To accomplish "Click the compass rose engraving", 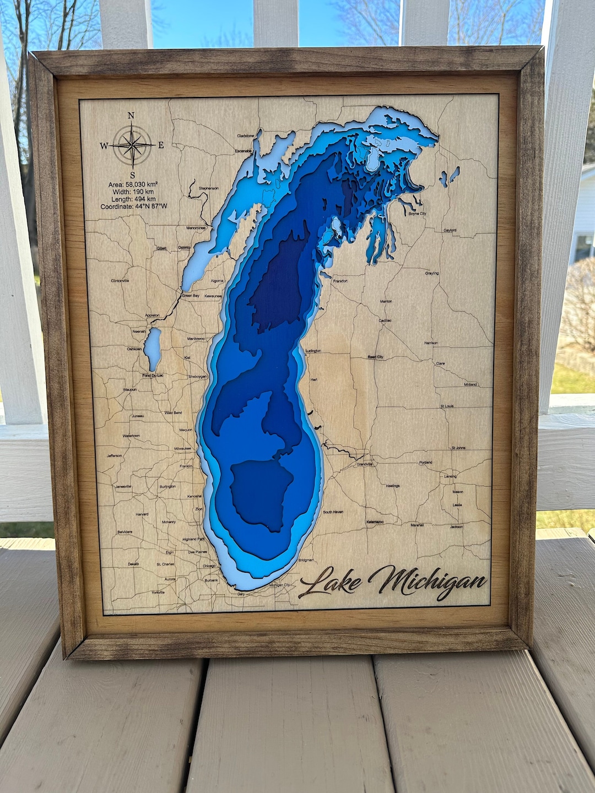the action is pos(132,145).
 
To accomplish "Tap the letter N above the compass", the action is pos(131,116).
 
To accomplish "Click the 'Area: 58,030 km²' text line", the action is pos(133,184).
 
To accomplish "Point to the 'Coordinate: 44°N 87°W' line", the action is pos(133,207).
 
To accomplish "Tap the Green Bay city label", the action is pos(191,296).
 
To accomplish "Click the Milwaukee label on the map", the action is pos(182,449).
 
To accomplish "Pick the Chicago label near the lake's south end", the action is pos(209,566).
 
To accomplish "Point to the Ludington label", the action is pos(313,351).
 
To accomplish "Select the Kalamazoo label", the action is pos(375,522).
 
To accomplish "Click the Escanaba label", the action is pos(243,150).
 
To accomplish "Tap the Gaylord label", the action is pos(450,230).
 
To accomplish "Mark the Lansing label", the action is pos(450,476).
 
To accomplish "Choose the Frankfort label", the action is pos(340,281).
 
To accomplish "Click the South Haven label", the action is pos(333,512).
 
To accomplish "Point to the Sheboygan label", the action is pos(197,377).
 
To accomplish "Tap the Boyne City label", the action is pos(417,214).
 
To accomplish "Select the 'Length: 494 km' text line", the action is pos(133,199).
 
